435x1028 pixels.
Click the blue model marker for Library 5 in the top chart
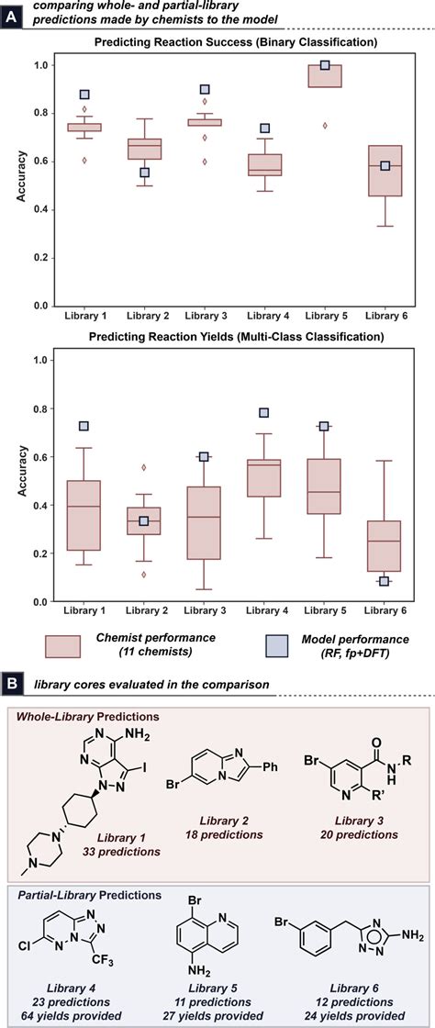pos(325,66)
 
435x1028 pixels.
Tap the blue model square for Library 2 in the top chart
pos(144,173)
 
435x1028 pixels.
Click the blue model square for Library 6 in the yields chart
pos(385,581)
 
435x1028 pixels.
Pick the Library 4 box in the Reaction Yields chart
pos(264,477)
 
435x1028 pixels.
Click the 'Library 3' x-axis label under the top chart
pos(204,318)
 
